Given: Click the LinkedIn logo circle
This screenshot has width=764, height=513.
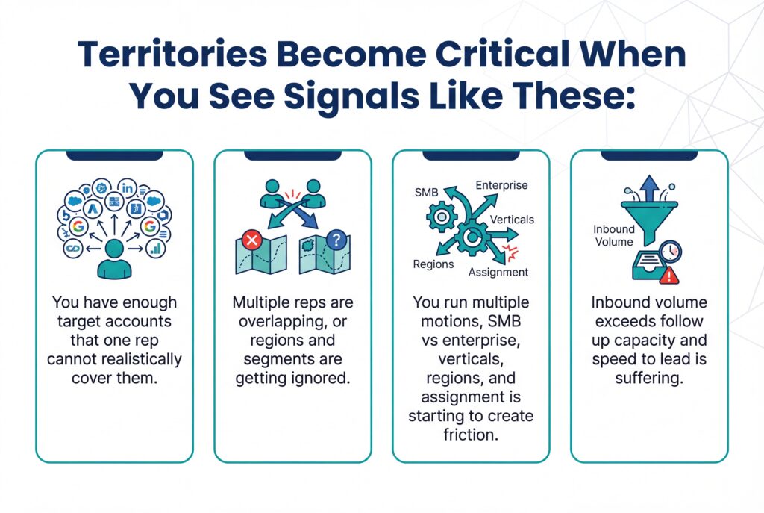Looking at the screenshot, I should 128,187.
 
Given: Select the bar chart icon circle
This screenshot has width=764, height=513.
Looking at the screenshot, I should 157,248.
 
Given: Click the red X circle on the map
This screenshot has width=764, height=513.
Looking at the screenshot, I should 251,240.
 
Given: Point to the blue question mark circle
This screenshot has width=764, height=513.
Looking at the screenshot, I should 336,240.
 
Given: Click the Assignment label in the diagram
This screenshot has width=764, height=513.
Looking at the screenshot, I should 498,272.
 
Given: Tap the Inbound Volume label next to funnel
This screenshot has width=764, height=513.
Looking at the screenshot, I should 613,235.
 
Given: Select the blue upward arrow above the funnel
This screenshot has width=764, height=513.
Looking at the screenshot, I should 648,187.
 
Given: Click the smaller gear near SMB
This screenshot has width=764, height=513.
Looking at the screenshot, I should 442,217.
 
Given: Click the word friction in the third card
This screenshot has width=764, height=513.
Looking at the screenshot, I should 470,434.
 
